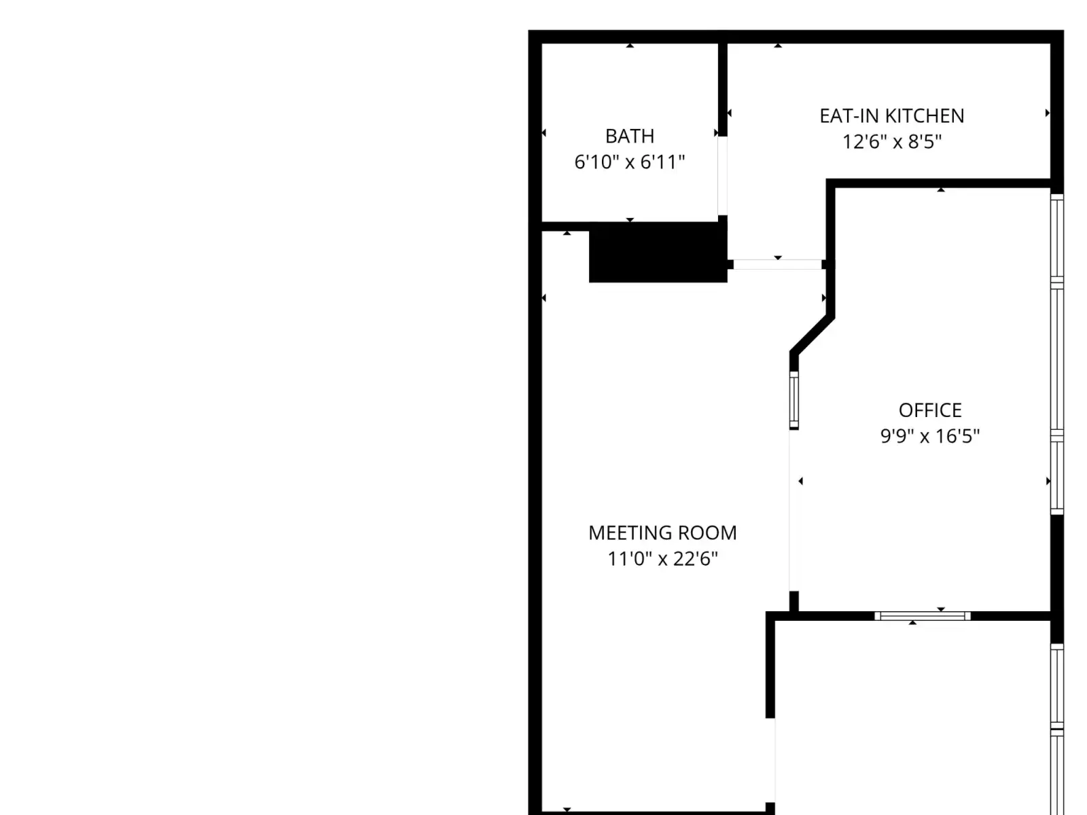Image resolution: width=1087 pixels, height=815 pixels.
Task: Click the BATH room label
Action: click(629, 136)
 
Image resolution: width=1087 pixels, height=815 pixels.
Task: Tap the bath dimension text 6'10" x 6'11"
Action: click(629, 162)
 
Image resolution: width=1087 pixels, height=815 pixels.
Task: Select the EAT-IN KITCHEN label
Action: click(892, 115)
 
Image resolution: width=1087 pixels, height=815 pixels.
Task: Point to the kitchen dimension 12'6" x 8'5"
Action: click(892, 141)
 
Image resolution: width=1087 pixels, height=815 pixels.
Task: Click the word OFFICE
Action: click(930, 410)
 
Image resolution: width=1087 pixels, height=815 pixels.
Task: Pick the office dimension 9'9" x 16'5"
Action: click(930, 436)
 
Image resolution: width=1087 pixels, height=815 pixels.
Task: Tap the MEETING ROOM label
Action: click(662, 533)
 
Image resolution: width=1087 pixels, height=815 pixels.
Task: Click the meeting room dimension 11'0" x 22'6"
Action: click(662, 559)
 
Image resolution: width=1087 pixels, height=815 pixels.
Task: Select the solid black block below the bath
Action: click(658, 253)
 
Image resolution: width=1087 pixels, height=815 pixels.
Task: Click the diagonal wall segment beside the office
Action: click(812, 335)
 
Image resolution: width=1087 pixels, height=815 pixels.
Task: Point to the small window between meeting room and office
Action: click(794, 400)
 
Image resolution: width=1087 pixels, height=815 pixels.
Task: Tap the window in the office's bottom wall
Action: click(922, 616)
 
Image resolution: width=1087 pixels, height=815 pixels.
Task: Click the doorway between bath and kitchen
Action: click(723, 176)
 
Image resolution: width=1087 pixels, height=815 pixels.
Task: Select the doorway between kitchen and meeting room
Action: click(777, 265)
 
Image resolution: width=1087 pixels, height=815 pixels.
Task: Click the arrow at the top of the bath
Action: click(629, 46)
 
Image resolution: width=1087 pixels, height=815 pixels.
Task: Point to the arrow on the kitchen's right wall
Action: click(1048, 113)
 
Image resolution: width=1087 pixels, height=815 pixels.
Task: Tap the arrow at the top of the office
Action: click(941, 189)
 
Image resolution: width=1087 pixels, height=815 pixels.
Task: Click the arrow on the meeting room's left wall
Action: click(543, 298)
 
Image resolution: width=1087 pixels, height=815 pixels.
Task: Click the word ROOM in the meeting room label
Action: click(707, 533)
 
